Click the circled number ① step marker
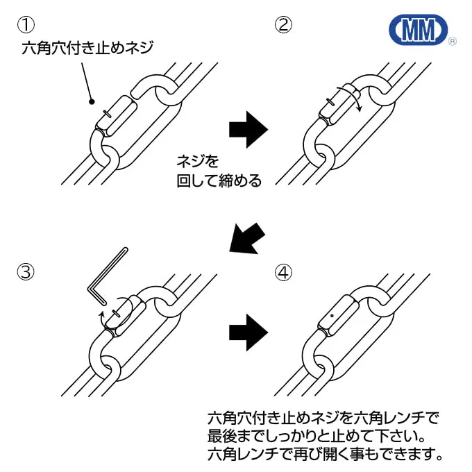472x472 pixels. click(26, 25)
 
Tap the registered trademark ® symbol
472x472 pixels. click(452, 42)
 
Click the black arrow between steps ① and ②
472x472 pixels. click(248, 128)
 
